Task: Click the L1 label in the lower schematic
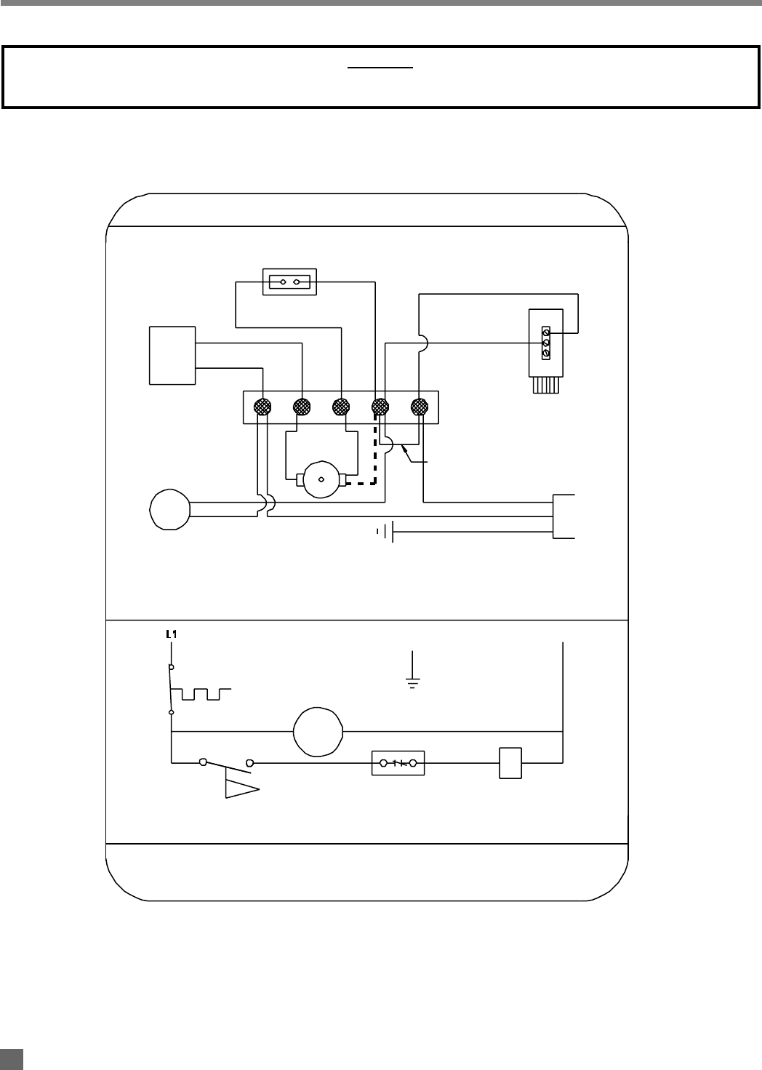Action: (172, 634)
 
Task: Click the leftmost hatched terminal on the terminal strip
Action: (262, 407)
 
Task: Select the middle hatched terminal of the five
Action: (341, 407)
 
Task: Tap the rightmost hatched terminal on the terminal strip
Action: (420, 407)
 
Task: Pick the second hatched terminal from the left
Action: (302, 407)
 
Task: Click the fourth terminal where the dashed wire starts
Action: (380, 407)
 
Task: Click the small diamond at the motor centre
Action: (321, 479)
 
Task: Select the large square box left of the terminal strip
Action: (172, 356)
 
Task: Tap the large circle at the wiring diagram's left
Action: (170, 509)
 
